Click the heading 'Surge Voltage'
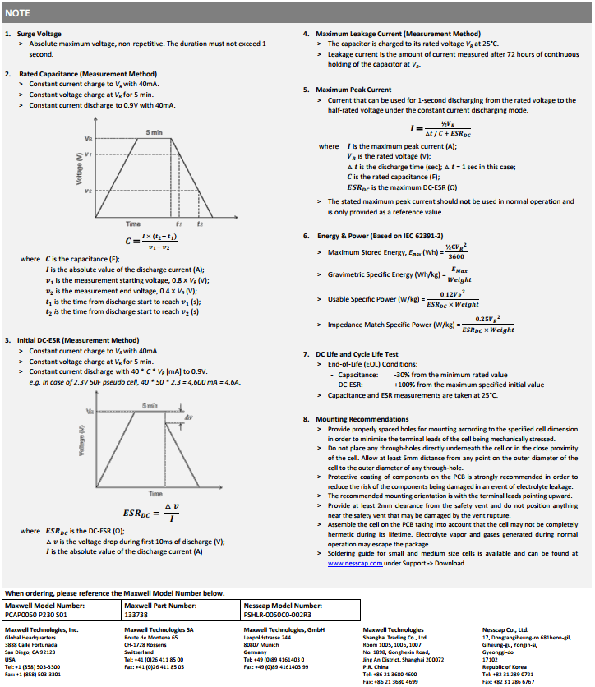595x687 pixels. click(x=40, y=34)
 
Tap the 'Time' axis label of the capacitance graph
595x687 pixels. click(x=132, y=224)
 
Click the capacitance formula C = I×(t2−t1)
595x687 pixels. click(x=151, y=242)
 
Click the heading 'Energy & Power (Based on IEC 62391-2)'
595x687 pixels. click(x=380, y=236)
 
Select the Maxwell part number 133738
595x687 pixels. click(x=136, y=613)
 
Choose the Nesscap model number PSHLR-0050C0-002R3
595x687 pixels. click(x=278, y=613)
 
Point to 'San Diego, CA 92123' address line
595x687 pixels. click(x=30, y=652)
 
